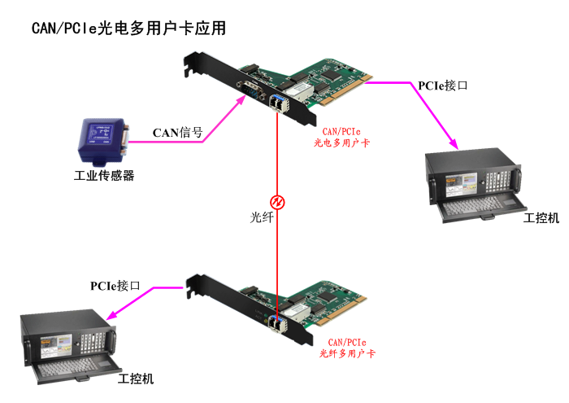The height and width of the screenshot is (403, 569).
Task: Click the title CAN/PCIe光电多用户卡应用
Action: tap(128, 28)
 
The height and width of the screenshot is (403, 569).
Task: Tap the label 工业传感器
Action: tap(103, 175)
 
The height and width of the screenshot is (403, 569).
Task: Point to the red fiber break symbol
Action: tap(277, 200)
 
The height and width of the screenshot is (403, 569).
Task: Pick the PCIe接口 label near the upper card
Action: tap(442, 85)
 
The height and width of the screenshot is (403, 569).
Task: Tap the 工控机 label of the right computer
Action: tap(541, 218)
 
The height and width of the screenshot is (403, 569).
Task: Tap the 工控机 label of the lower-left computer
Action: tap(136, 379)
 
